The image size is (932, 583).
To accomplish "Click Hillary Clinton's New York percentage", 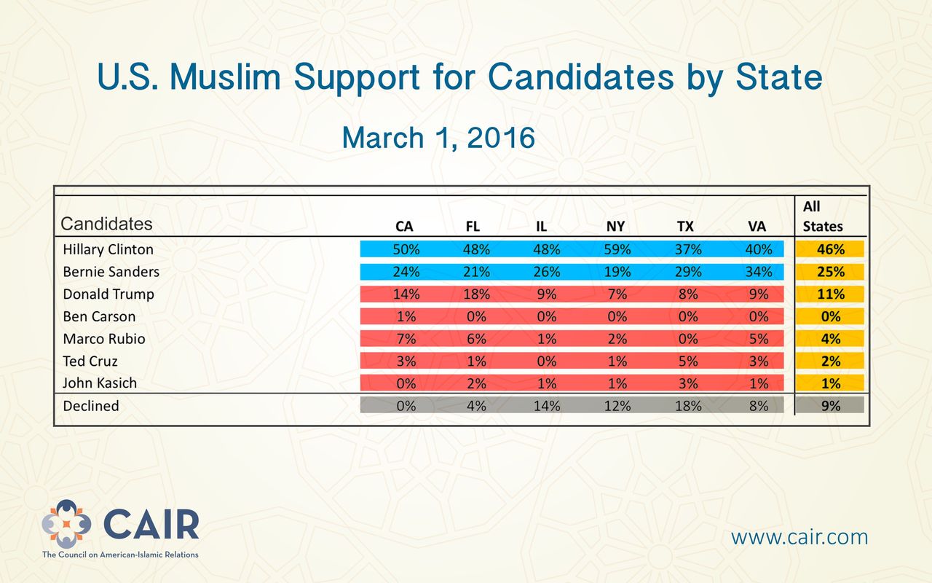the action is pyautogui.click(x=617, y=249).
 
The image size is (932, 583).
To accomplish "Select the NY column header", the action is pyautogui.click(x=615, y=226).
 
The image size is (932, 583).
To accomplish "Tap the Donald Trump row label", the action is pyautogui.click(x=108, y=294).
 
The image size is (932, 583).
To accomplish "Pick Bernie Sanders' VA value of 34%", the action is pyautogui.click(x=759, y=272).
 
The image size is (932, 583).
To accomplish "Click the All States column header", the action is pyautogui.click(x=823, y=216).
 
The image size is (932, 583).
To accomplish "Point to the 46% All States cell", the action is pyautogui.click(x=831, y=249).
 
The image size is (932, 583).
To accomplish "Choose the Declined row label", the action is pyautogui.click(x=91, y=406).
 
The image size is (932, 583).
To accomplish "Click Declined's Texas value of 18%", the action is pyautogui.click(x=688, y=406).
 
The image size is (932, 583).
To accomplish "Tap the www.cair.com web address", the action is pyautogui.click(x=799, y=537).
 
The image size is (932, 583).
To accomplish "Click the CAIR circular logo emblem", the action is pyautogui.click(x=66, y=523).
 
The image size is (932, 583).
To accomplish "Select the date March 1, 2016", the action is pyautogui.click(x=438, y=138).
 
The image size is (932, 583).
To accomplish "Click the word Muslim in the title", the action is pyautogui.click(x=225, y=77).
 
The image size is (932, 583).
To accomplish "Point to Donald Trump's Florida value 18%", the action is pyautogui.click(x=476, y=294).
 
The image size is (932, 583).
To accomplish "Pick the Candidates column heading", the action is pyautogui.click(x=106, y=224).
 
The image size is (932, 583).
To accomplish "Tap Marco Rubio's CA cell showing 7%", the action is pyautogui.click(x=406, y=339).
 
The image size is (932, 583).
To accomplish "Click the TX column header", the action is pyautogui.click(x=685, y=226).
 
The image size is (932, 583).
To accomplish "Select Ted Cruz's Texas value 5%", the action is pyautogui.click(x=688, y=361).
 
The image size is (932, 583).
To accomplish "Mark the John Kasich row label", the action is pyautogui.click(x=100, y=383).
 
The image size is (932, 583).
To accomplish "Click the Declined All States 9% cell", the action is pyautogui.click(x=831, y=405).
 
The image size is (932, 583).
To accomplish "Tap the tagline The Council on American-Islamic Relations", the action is pyautogui.click(x=120, y=555).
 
